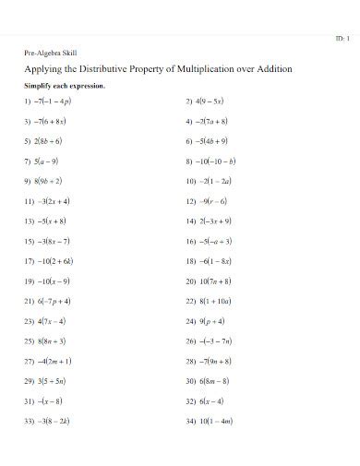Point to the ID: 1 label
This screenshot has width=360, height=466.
click(342, 38)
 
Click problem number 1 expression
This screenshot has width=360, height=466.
click(54, 102)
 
